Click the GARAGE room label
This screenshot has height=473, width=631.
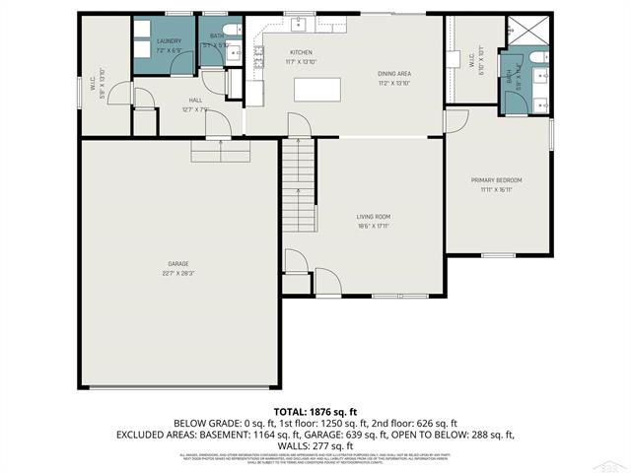pos(177,263)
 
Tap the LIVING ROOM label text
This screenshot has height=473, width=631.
pos(374,216)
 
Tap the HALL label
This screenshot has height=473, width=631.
pos(194,100)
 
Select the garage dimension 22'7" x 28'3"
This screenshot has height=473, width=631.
pos(177,273)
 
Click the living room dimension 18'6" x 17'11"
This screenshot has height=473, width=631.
pos(374,227)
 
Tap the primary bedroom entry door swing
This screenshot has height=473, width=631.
pos(456,121)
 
